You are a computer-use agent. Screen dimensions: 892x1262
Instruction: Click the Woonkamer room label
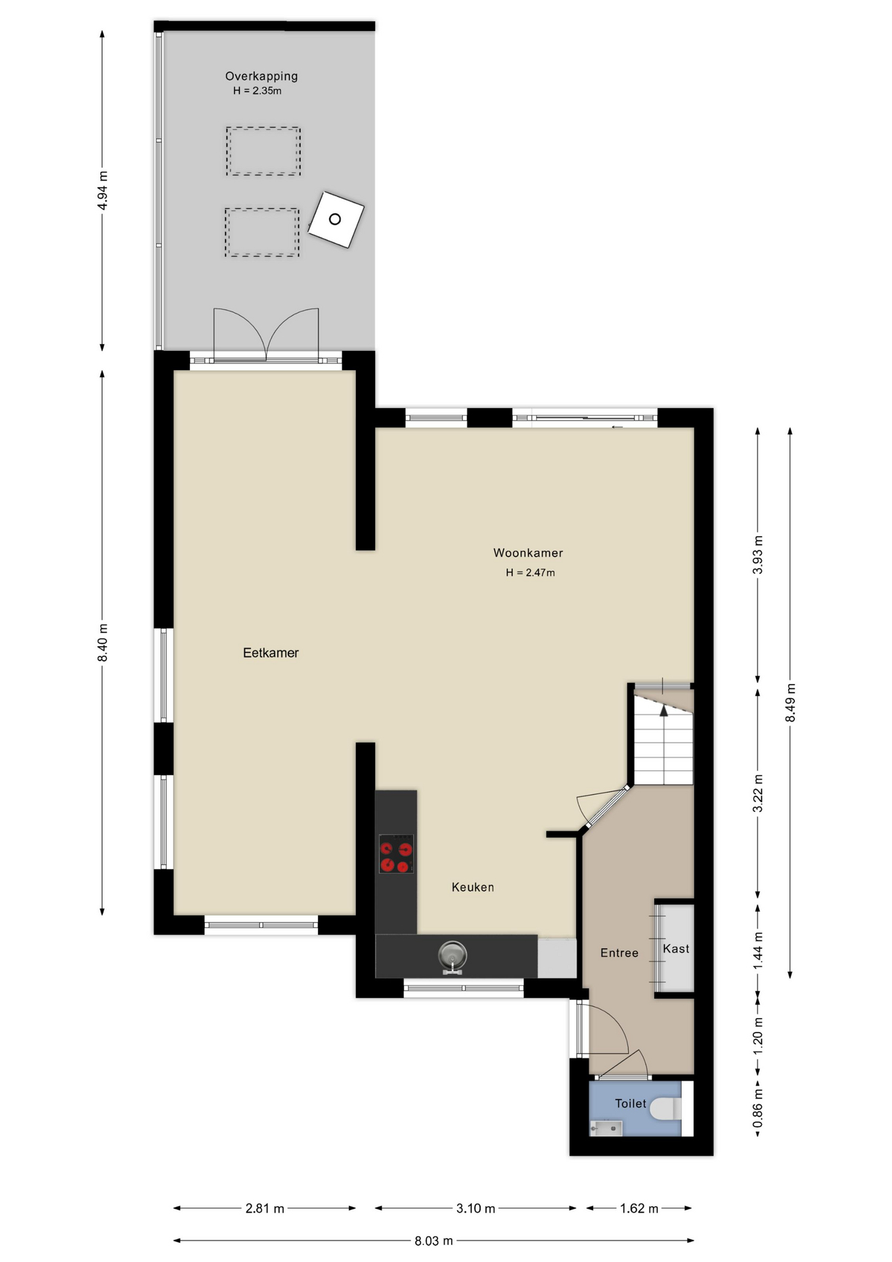[528, 553]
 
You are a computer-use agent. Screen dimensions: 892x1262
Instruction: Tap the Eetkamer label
[271, 653]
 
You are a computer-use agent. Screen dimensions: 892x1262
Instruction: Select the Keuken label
[473, 887]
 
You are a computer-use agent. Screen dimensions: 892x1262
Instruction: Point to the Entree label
[619, 953]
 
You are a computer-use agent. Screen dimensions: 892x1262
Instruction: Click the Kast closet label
[676, 948]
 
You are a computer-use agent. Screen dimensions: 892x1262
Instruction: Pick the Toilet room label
[631, 1104]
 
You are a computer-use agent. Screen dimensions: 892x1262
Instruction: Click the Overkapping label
[261, 76]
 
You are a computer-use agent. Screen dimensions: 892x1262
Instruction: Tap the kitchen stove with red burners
[396, 854]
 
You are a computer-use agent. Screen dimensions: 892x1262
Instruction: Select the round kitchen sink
[453, 954]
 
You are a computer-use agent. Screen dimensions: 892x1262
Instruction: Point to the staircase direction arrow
[663, 710]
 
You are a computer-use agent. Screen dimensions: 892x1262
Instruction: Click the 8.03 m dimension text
[434, 1241]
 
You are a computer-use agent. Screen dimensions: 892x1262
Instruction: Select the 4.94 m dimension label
[102, 190]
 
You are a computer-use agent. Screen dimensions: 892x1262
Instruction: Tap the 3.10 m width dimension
[476, 1208]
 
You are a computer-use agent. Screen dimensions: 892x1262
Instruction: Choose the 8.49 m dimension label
[791, 703]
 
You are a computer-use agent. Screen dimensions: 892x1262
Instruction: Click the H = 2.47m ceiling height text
[530, 573]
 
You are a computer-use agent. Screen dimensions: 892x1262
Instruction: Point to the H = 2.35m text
[257, 91]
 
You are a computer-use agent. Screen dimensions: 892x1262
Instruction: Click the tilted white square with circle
[336, 220]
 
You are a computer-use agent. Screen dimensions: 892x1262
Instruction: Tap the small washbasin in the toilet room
[606, 1129]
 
